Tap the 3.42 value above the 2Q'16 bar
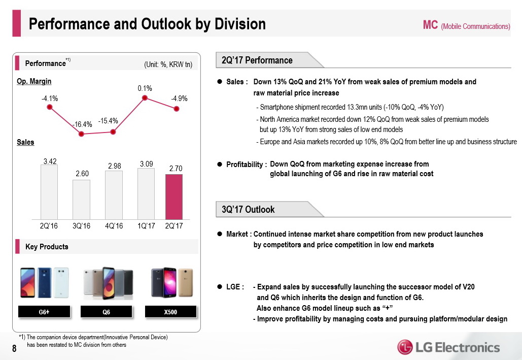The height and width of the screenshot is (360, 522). click(x=50, y=161)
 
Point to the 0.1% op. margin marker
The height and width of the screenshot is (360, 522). click(x=145, y=98)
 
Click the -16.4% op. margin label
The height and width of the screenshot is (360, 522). click(x=81, y=124)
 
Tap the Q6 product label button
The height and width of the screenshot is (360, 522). click(x=106, y=311)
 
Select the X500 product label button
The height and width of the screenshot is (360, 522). click(x=170, y=311)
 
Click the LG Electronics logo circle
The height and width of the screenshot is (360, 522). click(x=405, y=348)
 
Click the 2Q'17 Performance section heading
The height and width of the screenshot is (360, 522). click(x=257, y=60)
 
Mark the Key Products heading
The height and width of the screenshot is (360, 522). click(x=47, y=247)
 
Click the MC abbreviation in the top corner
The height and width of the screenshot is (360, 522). click(x=430, y=25)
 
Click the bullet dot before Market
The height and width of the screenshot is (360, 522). click(x=220, y=234)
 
